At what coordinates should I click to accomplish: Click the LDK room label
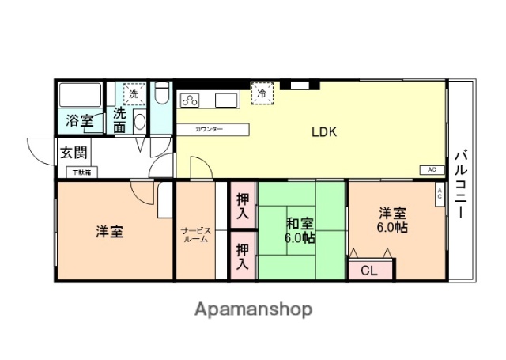click(x=324, y=132)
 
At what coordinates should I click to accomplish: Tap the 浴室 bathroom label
click(x=79, y=121)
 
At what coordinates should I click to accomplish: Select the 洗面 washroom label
click(x=119, y=119)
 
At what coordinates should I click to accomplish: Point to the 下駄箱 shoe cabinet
click(x=81, y=172)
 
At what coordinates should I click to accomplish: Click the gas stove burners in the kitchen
click(x=191, y=100)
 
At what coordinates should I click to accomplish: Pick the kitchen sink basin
click(x=225, y=100)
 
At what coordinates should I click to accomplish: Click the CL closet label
click(x=369, y=270)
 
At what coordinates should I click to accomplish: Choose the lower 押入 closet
click(x=243, y=255)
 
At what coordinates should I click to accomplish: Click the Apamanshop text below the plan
click(x=254, y=309)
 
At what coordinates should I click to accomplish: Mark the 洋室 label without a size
click(x=109, y=232)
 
